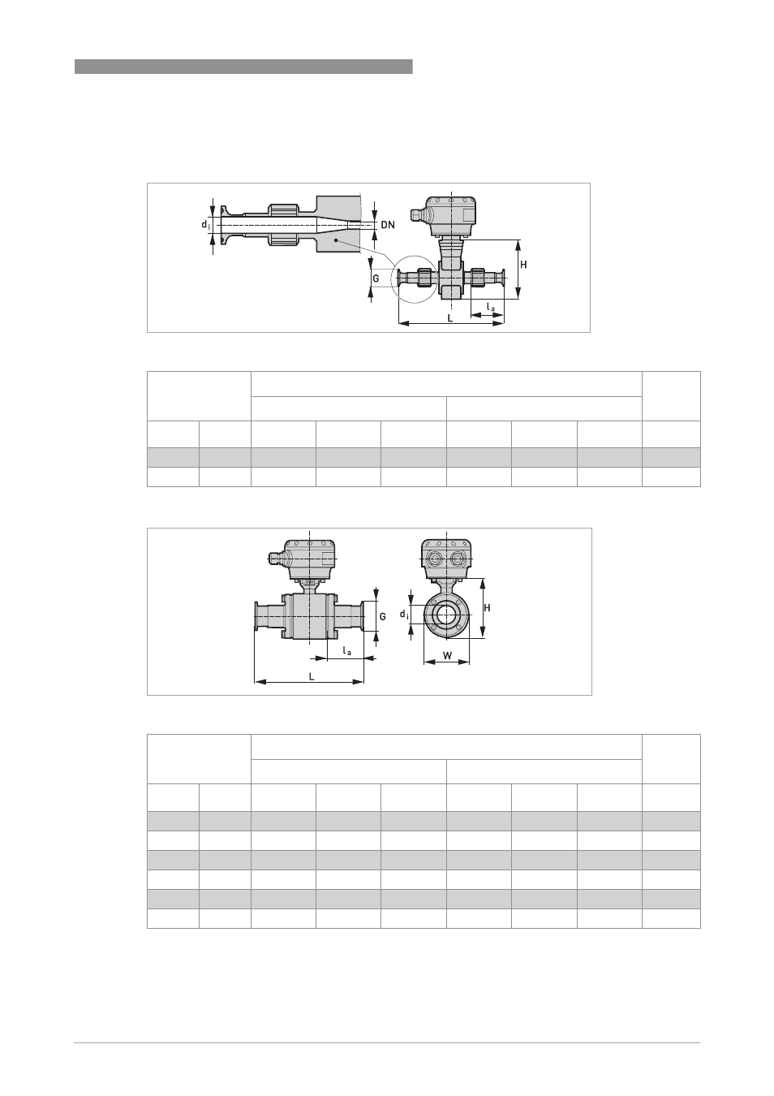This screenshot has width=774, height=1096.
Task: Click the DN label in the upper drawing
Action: coord(388,225)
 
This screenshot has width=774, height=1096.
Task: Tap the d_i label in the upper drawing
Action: coord(206,225)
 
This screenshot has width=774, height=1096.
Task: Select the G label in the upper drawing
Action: coord(376,278)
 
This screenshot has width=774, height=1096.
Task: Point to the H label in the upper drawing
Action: coord(523,265)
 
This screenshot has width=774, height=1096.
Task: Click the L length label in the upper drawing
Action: coord(450,318)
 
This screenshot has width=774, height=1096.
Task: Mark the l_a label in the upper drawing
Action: coord(490,307)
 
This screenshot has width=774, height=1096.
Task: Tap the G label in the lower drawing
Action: coord(383,616)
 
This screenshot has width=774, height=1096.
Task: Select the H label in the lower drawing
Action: coord(487,608)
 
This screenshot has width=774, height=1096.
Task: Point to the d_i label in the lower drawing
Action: coord(404,614)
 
